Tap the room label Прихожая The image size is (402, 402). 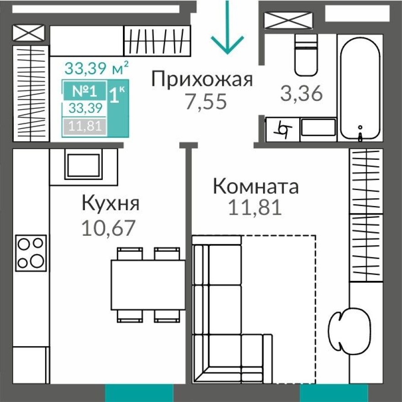coord(202,79)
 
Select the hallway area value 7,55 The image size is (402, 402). coord(205,101)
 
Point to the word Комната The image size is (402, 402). coord(256,187)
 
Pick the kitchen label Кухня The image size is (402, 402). coord(110,204)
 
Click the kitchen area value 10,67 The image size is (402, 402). coord(108,227)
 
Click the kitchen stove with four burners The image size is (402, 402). coord(31,253)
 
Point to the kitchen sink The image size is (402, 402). coord(83,166)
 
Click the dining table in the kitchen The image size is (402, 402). coord(148,285)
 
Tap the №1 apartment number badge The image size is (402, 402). coord(85,90)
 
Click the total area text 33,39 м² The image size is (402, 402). coord(96,69)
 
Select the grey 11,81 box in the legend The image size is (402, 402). coord(85,126)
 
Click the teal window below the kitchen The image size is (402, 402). coord(139,393)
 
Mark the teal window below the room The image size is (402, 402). coord(333,393)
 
